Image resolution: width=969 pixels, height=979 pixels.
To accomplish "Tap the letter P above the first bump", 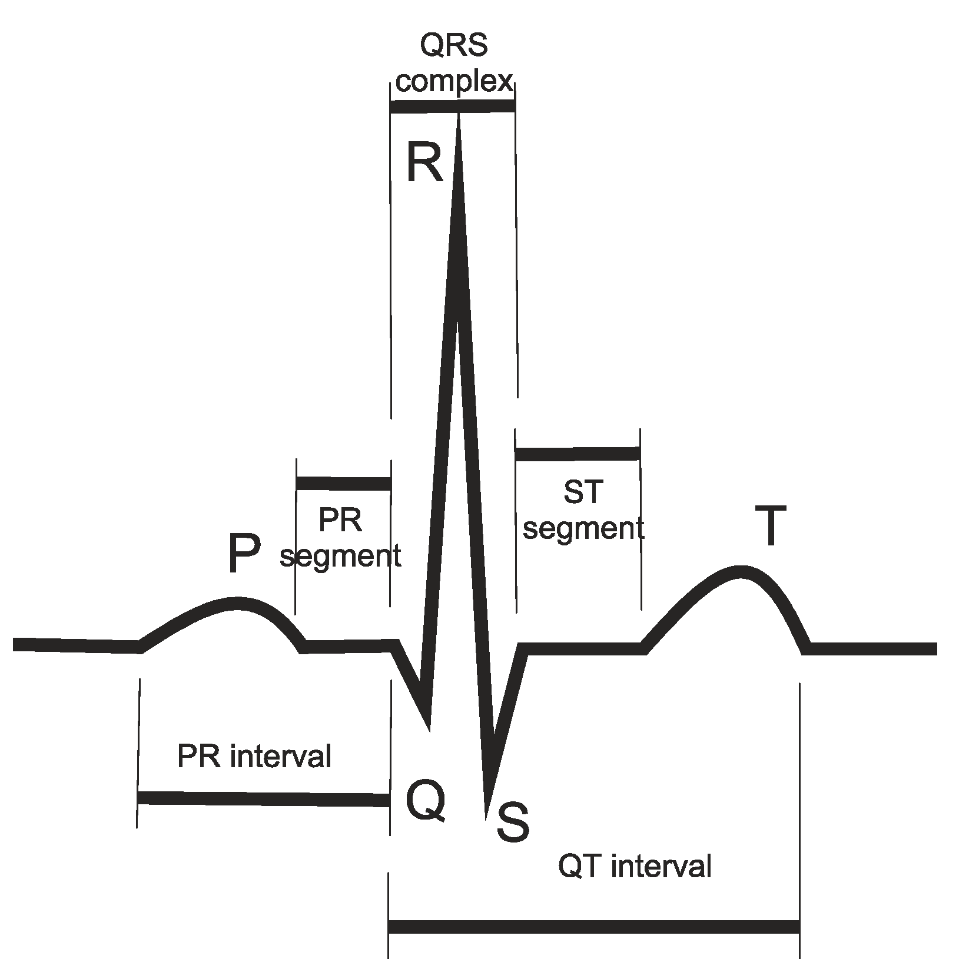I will point(244,554).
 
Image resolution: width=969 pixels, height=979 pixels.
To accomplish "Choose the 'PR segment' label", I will point(340,538).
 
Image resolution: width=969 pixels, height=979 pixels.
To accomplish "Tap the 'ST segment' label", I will point(583,510).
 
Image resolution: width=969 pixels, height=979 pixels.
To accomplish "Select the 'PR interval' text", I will point(254,756).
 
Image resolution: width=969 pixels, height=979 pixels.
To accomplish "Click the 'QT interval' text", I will point(635,867).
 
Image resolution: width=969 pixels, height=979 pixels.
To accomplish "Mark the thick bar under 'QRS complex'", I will point(453,106).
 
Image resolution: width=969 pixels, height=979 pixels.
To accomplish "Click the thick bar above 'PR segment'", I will point(344,484).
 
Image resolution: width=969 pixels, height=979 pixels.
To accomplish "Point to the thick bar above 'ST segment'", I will point(578,454).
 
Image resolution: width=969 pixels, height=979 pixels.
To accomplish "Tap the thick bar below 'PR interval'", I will point(263,798).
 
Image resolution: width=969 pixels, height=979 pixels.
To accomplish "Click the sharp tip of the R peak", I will point(459,118).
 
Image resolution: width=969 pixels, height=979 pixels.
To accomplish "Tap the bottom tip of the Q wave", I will point(429,730).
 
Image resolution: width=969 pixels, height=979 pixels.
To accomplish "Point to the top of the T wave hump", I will point(741,572).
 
